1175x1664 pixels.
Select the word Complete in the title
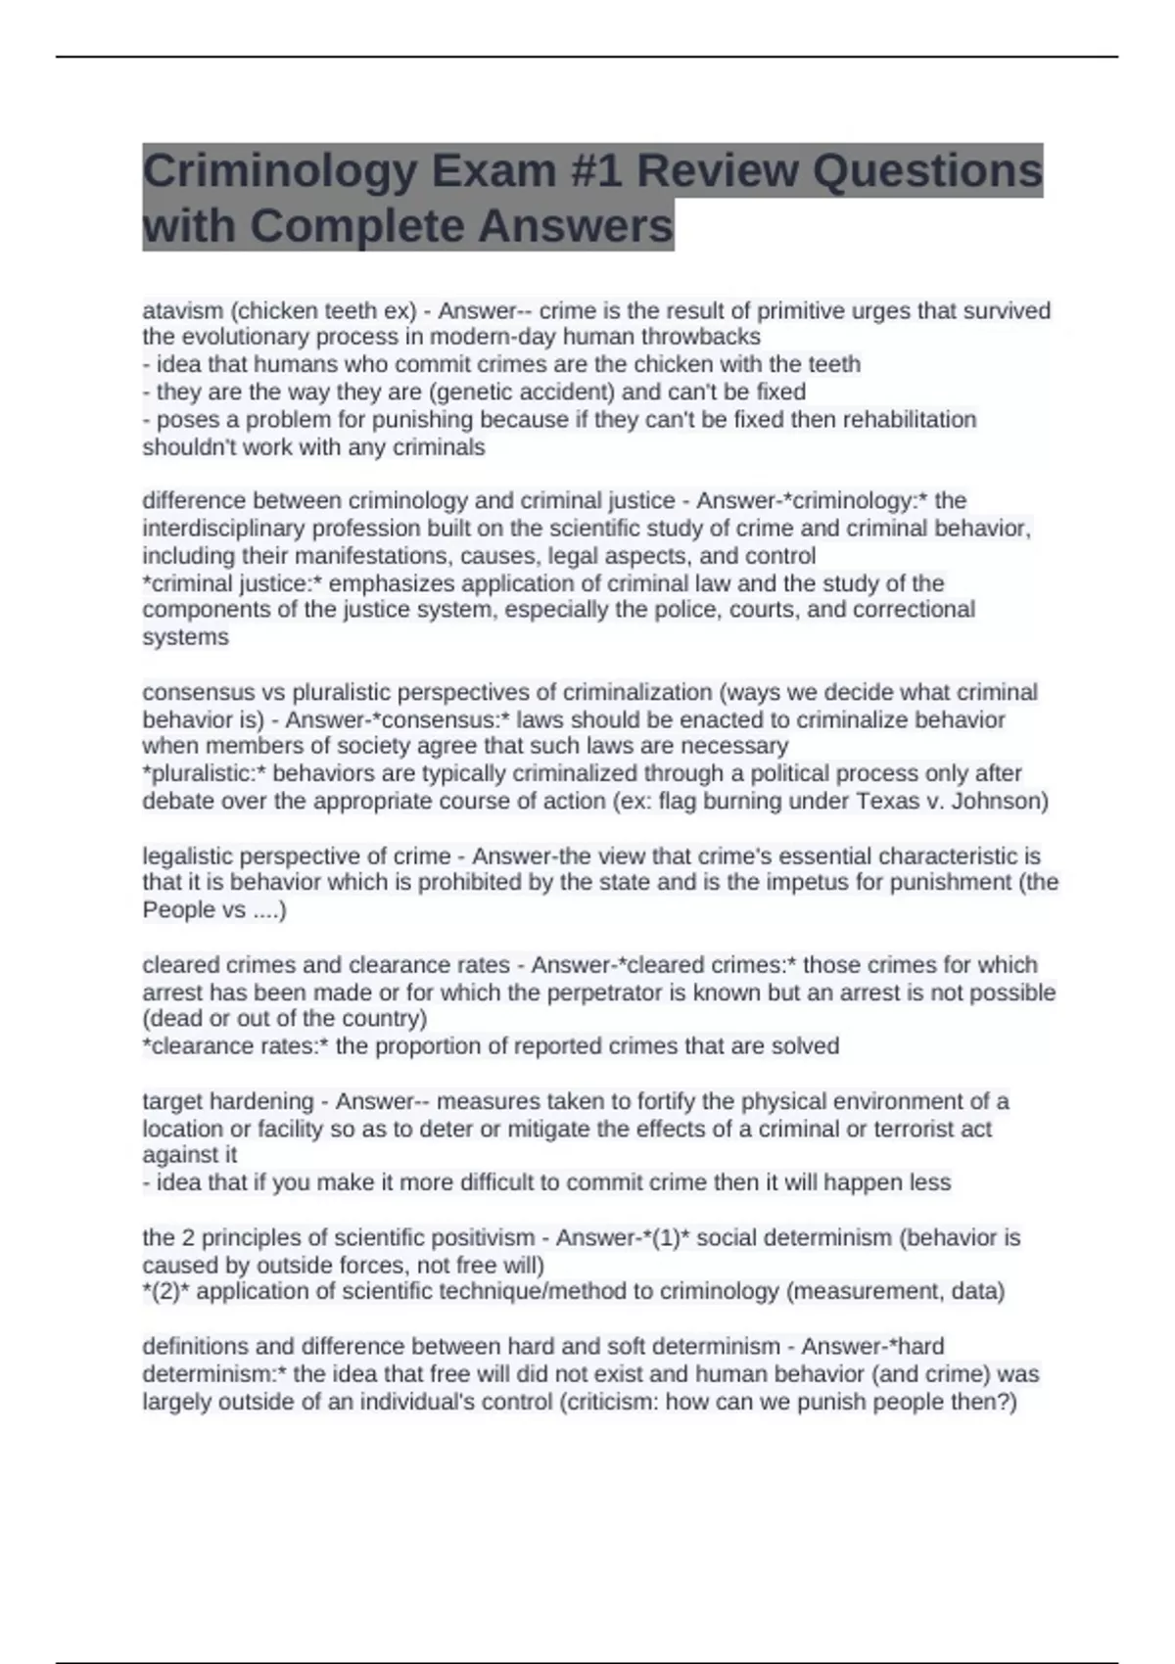(355, 227)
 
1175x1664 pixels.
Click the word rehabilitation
(910, 420)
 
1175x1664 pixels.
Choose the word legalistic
(187, 856)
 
